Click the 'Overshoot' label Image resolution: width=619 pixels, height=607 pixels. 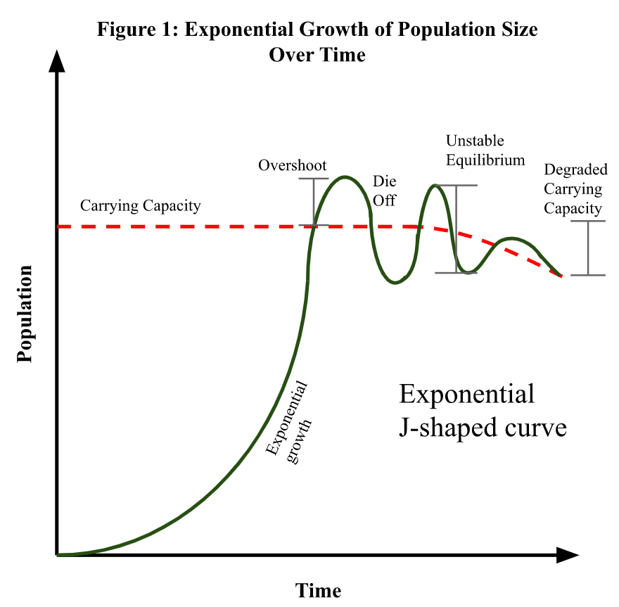[x=292, y=166]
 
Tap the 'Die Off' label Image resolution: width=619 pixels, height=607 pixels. [x=384, y=191]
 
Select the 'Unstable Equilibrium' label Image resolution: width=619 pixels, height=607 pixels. [x=485, y=151]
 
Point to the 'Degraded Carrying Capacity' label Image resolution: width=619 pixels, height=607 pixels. [x=575, y=189]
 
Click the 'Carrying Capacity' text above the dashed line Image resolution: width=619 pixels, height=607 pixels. [x=140, y=206]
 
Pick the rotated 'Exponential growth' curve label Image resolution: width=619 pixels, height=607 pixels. [x=288, y=419]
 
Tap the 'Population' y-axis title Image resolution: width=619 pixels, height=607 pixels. [x=25, y=313]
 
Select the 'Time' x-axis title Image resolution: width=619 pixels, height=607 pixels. [x=318, y=590]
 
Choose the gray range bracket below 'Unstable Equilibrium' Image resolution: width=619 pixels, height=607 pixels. [x=457, y=229]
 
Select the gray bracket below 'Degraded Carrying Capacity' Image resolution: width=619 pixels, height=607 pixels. [x=588, y=248]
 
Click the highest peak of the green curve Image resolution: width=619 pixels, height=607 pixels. [x=344, y=177]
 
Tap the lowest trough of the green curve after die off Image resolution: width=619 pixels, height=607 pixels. [x=396, y=283]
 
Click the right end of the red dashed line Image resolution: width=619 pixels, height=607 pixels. [x=561, y=276]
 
